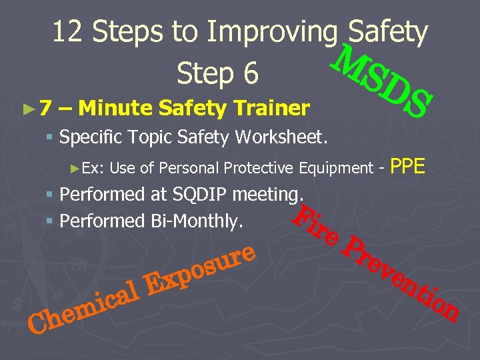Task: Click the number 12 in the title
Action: (68, 32)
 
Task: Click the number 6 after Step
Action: (250, 74)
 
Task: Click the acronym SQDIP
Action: (202, 195)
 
